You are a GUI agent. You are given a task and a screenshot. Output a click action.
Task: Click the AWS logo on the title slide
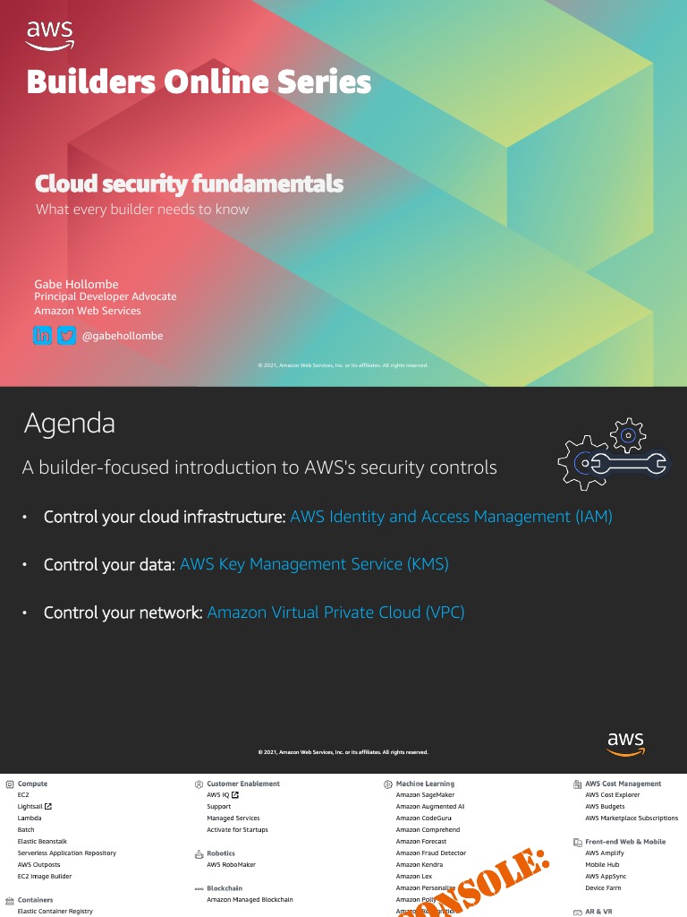[x=50, y=35]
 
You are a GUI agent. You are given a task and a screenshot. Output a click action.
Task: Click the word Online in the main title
[x=217, y=82]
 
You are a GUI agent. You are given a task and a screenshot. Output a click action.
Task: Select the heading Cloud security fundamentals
[x=189, y=184]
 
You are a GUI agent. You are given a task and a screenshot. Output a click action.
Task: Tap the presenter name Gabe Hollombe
[x=76, y=284]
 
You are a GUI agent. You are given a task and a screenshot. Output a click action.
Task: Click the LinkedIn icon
[x=43, y=336]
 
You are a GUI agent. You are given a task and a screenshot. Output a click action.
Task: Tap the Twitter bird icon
[x=66, y=336]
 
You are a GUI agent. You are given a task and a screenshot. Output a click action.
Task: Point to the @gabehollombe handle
[x=123, y=336]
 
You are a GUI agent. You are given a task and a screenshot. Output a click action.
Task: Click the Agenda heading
[x=69, y=423]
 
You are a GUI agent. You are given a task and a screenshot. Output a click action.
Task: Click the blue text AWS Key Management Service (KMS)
[x=314, y=564]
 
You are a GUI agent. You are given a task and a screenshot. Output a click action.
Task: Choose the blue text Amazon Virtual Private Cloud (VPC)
[x=335, y=613]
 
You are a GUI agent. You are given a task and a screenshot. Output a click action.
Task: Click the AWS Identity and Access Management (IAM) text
[x=451, y=517]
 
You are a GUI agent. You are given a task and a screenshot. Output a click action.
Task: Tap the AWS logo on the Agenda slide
[x=625, y=742]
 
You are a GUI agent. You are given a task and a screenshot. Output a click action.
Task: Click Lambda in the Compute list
[x=30, y=818]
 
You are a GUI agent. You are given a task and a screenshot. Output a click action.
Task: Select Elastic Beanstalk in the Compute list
[x=42, y=842]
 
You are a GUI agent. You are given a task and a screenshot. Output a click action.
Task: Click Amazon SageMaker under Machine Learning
[x=425, y=795]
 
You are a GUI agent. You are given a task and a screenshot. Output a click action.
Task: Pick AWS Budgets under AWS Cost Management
[x=605, y=807]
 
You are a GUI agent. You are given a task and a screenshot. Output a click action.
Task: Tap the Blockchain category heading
[x=225, y=888]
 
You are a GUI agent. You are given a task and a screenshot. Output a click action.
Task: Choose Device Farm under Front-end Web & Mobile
[x=603, y=888]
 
